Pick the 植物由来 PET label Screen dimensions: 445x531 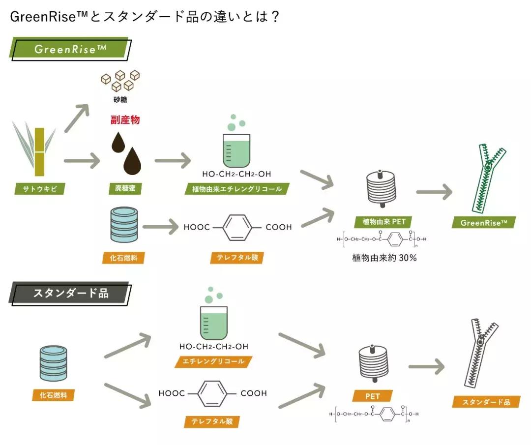[384, 222]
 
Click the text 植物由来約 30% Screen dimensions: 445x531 [384, 258]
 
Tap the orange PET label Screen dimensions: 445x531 [372, 396]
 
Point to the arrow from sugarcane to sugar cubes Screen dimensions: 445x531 [78, 118]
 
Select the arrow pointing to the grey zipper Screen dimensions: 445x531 [426, 366]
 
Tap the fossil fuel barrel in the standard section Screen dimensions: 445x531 [54, 362]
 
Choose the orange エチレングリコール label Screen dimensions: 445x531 [213, 361]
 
